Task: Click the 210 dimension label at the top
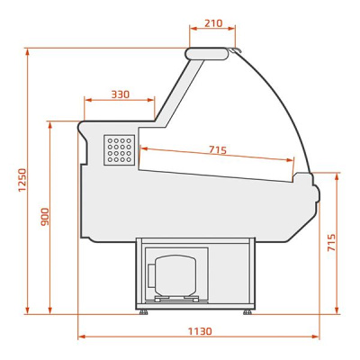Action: click(213, 23)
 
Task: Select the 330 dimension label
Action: click(121, 94)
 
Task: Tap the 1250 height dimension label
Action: click(22, 180)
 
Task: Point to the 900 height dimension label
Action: click(45, 217)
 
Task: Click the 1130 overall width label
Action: click(200, 331)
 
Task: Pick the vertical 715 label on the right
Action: click(331, 242)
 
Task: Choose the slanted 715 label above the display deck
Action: click(218, 149)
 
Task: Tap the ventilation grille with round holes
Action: click(120, 150)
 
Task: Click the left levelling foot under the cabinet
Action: click(143, 312)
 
